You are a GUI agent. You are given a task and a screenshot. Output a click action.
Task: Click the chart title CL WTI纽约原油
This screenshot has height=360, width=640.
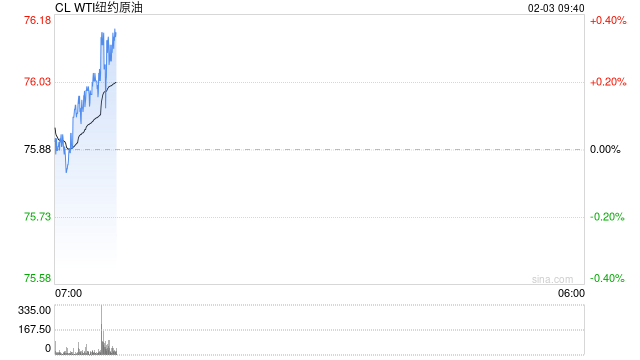pyautogui.click(x=99, y=7)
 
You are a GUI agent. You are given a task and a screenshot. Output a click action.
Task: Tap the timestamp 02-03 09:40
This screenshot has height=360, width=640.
pyautogui.click(x=556, y=8)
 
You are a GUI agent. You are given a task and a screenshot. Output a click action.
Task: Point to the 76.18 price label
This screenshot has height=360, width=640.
pyautogui.click(x=38, y=20)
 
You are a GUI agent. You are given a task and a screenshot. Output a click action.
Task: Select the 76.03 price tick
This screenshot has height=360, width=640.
pyautogui.click(x=38, y=82)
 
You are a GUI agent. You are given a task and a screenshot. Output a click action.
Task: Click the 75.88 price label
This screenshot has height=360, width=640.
pyautogui.click(x=38, y=149)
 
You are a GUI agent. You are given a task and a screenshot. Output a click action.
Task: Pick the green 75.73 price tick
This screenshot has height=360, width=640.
pyautogui.click(x=38, y=217)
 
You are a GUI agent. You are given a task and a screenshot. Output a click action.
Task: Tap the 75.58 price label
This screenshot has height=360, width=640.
pyautogui.click(x=38, y=278)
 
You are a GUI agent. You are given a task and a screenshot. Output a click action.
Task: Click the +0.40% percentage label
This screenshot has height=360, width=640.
pyautogui.click(x=608, y=20)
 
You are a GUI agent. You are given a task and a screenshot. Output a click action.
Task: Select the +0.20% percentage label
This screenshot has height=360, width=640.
pyautogui.click(x=608, y=82)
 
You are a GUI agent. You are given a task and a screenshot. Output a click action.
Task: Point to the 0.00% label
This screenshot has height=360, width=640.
pyautogui.click(x=605, y=149)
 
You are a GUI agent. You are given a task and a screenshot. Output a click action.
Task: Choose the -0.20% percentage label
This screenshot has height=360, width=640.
pyautogui.click(x=607, y=217)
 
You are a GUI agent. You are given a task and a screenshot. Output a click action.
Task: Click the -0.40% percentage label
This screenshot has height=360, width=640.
pyautogui.click(x=607, y=278)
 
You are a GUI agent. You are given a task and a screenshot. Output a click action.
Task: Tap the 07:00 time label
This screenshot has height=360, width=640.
pyautogui.click(x=69, y=293)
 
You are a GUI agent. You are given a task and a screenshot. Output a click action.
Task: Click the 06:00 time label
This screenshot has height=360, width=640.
pyautogui.click(x=571, y=293)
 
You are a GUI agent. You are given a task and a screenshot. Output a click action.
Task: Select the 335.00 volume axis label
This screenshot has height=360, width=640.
pyautogui.click(x=34, y=310)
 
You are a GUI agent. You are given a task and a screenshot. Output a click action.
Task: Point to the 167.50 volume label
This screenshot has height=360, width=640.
pyautogui.click(x=34, y=329)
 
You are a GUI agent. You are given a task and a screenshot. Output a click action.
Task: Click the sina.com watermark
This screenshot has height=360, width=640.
pyautogui.click(x=552, y=280)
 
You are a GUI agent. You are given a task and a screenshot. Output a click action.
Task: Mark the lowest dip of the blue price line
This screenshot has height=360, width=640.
pyautogui.click(x=67, y=172)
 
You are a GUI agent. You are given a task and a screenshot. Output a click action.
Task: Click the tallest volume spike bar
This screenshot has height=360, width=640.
pyautogui.click(x=102, y=329)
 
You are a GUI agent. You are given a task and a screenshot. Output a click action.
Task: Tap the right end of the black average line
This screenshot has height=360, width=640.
pyautogui.click(x=116, y=82)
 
